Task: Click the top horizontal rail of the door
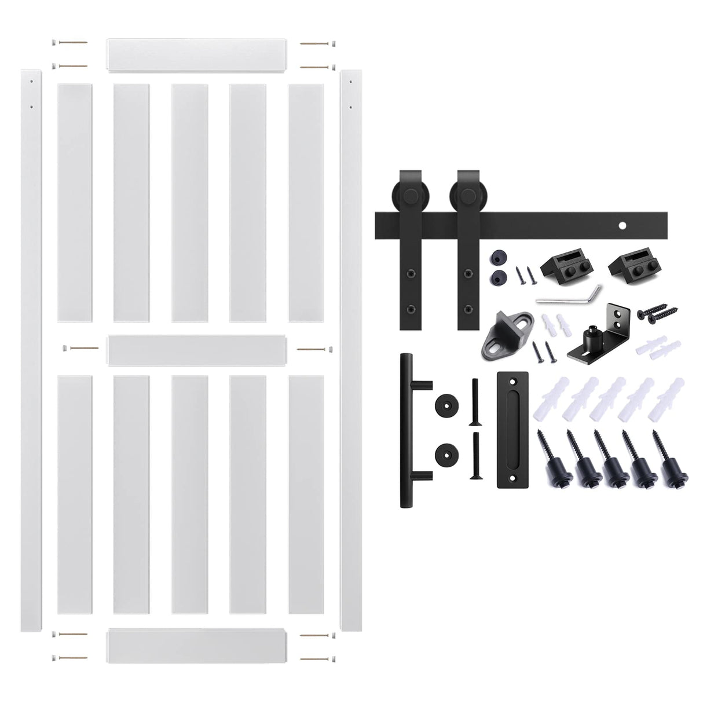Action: (197, 56)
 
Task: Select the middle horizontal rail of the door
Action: (197, 351)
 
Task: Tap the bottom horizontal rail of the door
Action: (197, 647)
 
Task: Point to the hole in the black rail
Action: (624, 225)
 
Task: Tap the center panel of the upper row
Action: (189, 203)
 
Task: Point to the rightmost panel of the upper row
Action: (305, 203)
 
